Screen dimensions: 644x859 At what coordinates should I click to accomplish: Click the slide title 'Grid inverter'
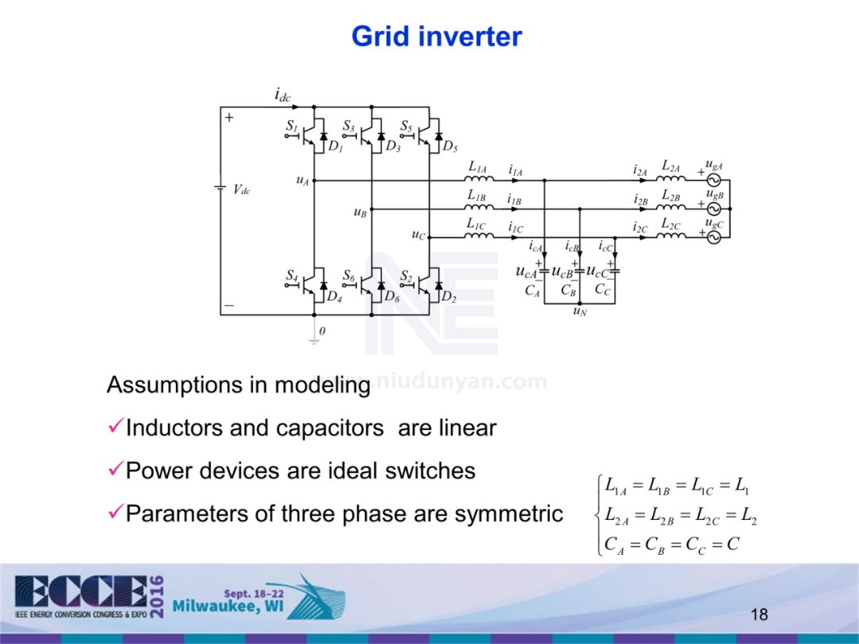coord(436,37)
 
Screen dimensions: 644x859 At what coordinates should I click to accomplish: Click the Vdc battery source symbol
coord(221,188)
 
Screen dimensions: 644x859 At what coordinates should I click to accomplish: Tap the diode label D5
coord(449,146)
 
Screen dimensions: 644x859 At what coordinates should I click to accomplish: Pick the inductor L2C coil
coord(670,236)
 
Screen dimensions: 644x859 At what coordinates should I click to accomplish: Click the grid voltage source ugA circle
coord(713,180)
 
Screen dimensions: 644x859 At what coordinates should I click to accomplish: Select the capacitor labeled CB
coord(579,272)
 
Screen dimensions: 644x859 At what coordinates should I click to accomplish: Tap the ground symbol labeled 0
coord(314,339)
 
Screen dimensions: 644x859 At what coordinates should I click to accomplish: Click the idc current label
coord(282,96)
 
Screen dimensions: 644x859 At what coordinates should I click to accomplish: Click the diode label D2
coord(449,297)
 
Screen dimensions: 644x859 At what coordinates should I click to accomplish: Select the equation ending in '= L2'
coord(680,516)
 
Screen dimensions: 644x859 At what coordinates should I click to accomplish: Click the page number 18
coord(759,615)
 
